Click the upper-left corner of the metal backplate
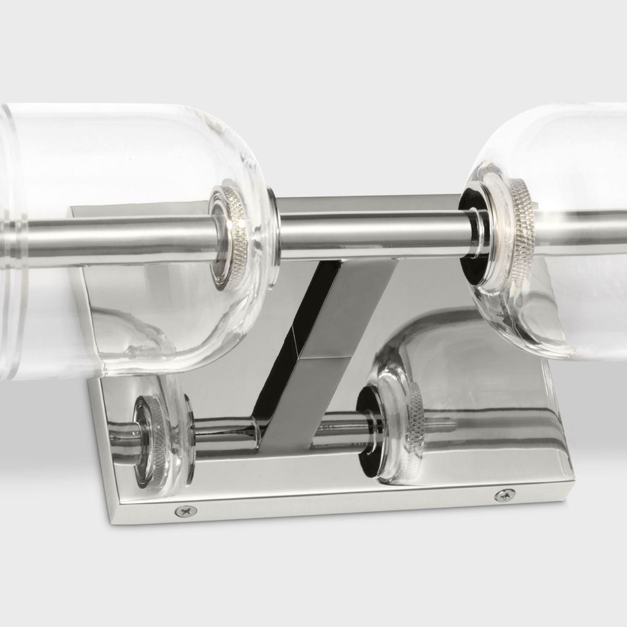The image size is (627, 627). tap(72, 208)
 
